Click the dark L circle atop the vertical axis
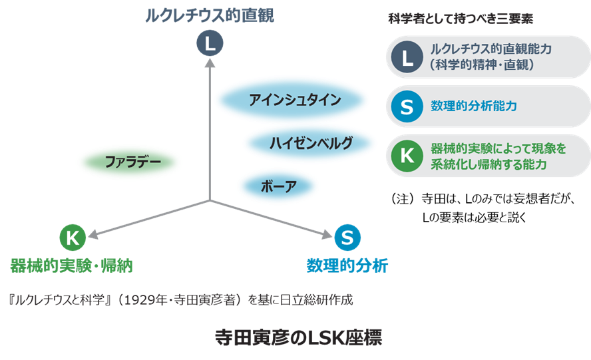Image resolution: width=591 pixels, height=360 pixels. (x=210, y=44)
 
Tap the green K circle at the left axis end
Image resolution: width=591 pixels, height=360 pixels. (x=73, y=236)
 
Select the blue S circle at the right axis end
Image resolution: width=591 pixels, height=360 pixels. (x=347, y=236)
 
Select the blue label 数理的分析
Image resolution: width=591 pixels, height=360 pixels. (x=347, y=266)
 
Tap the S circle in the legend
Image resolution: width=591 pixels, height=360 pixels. (x=407, y=106)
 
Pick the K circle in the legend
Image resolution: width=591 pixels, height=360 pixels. (x=407, y=156)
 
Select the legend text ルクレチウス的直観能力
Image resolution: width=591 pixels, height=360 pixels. (x=491, y=49)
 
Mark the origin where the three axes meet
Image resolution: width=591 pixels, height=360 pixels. (x=210, y=200)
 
